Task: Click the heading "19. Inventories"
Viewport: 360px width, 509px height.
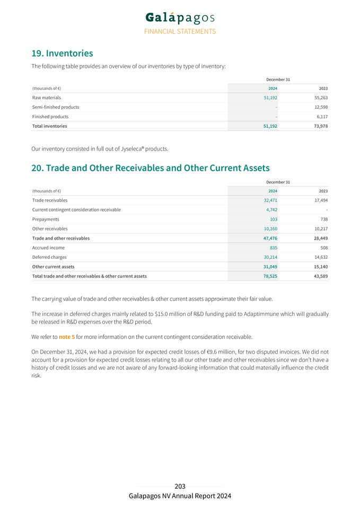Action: (x=62, y=53)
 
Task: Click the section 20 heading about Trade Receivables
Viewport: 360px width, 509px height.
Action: (x=151, y=168)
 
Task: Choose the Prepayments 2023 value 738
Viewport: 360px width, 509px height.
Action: (x=323, y=220)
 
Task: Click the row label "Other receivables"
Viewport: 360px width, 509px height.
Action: (x=50, y=229)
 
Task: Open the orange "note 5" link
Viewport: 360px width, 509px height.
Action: (x=67, y=337)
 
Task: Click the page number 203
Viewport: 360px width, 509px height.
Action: (x=180, y=486)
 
